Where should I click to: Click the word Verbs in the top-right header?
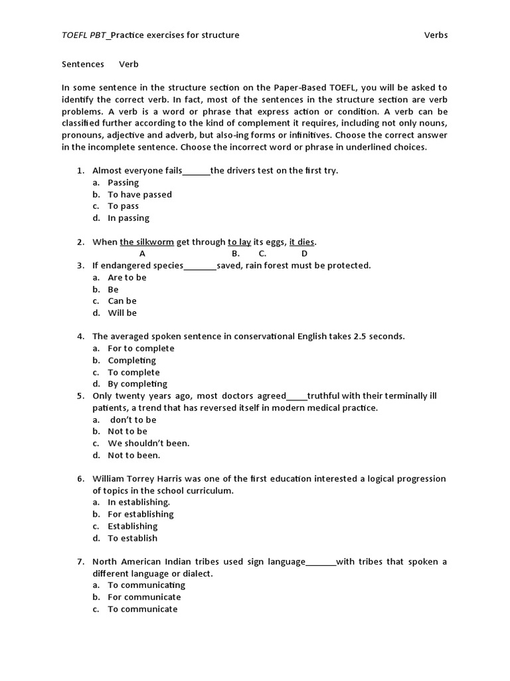pyautogui.click(x=436, y=35)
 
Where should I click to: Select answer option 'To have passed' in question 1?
pyautogui.click(x=139, y=194)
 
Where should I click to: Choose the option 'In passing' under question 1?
pyautogui.click(x=128, y=218)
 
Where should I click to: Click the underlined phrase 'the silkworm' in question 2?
pyautogui.click(x=147, y=242)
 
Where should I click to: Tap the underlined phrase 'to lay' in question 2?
pyautogui.click(x=239, y=242)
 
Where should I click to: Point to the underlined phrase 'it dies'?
pyautogui.click(x=302, y=242)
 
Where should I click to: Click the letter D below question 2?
pyautogui.click(x=304, y=253)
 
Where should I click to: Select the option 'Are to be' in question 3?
pyautogui.click(x=127, y=277)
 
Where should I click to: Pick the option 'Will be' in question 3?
pyautogui.click(x=122, y=313)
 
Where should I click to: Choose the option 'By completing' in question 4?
pyautogui.click(x=137, y=384)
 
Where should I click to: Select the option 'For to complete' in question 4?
pyautogui.click(x=141, y=348)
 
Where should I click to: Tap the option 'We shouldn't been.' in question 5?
pyautogui.click(x=149, y=443)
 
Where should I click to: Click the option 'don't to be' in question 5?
pyautogui.click(x=133, y=420)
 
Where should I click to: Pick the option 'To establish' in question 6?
pyautogui.click(x=132, y=538)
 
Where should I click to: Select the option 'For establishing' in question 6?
pyautogui.click(x=141, y=514)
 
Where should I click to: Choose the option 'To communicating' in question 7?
pyautogui.click(x=146, y=585)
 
